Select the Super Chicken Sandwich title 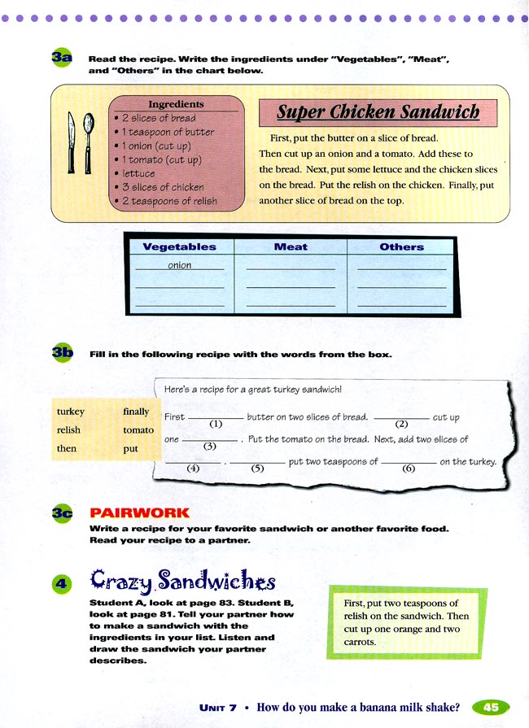[378, 111]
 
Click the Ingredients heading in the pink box [176, 104]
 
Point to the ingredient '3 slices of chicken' [163, 187]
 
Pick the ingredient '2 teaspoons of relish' [169, 201]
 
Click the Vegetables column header [180, 246]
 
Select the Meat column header [291, 246]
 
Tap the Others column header [401, 246]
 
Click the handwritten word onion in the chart [180, 265]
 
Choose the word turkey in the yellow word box [71, 412]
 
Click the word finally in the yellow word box [136, 412]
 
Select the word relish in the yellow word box [68, 429]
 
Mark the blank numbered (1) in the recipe [216, 417]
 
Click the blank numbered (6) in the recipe [409, 462]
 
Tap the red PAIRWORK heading [139, 513]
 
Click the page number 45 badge [491, 708]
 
